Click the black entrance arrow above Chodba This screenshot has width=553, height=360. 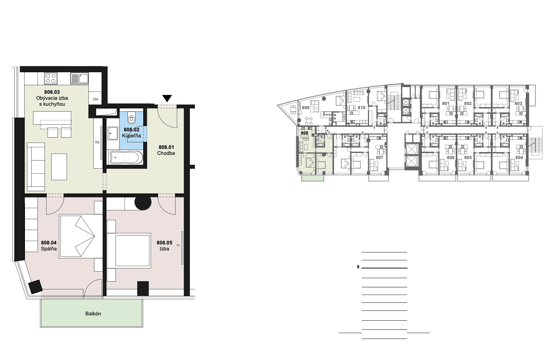pyautogui.click(x=167, y=98)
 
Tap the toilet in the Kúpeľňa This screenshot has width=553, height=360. pyautogui.click(x=132, y=117)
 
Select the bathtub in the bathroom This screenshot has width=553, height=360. pyautogui.click(x=126, y=158)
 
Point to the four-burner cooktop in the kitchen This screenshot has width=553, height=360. pyautogui.click(x=51, y=78)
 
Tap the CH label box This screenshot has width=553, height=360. pyautogui.click(x=96, y=99)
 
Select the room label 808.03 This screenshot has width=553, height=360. pyautogui.click(x=52, y=92)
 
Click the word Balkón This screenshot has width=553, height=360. pyautogui.click(x=93, y=314)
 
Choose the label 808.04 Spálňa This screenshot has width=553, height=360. pyautogui.click(x=49, y=246)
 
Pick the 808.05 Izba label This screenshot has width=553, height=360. pyautogui.click(x=164, y=246)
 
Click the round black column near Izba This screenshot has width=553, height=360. pyautogui.click(x=143, y=202)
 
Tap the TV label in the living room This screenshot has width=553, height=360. pyautogui.click(x=97, y=143)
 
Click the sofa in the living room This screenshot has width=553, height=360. pyautogui.click(x=36, y=167)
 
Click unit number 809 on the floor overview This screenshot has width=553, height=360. pyautogui.click(x=305, y=108)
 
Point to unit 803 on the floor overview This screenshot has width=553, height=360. pyautogui.click(x=519, y=104)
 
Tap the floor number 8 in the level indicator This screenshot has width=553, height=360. pyautogui.click(x=358, y=267)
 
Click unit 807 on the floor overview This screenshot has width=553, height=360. pyautogui.click(x=380, y=158)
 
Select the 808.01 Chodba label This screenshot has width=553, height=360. pyautogui.click(x=166, y=150)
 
